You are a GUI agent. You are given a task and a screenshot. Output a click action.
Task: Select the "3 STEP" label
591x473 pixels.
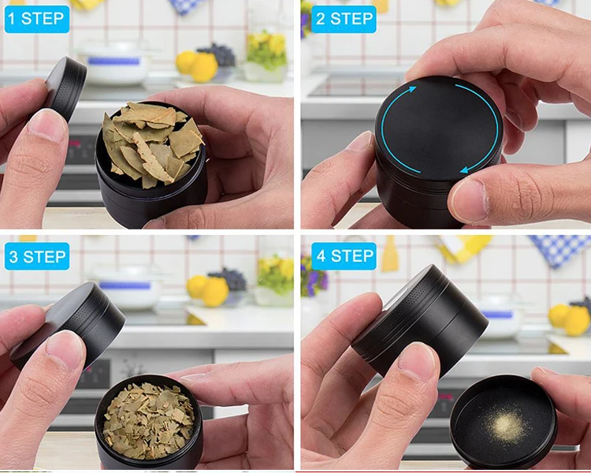point(37,256)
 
